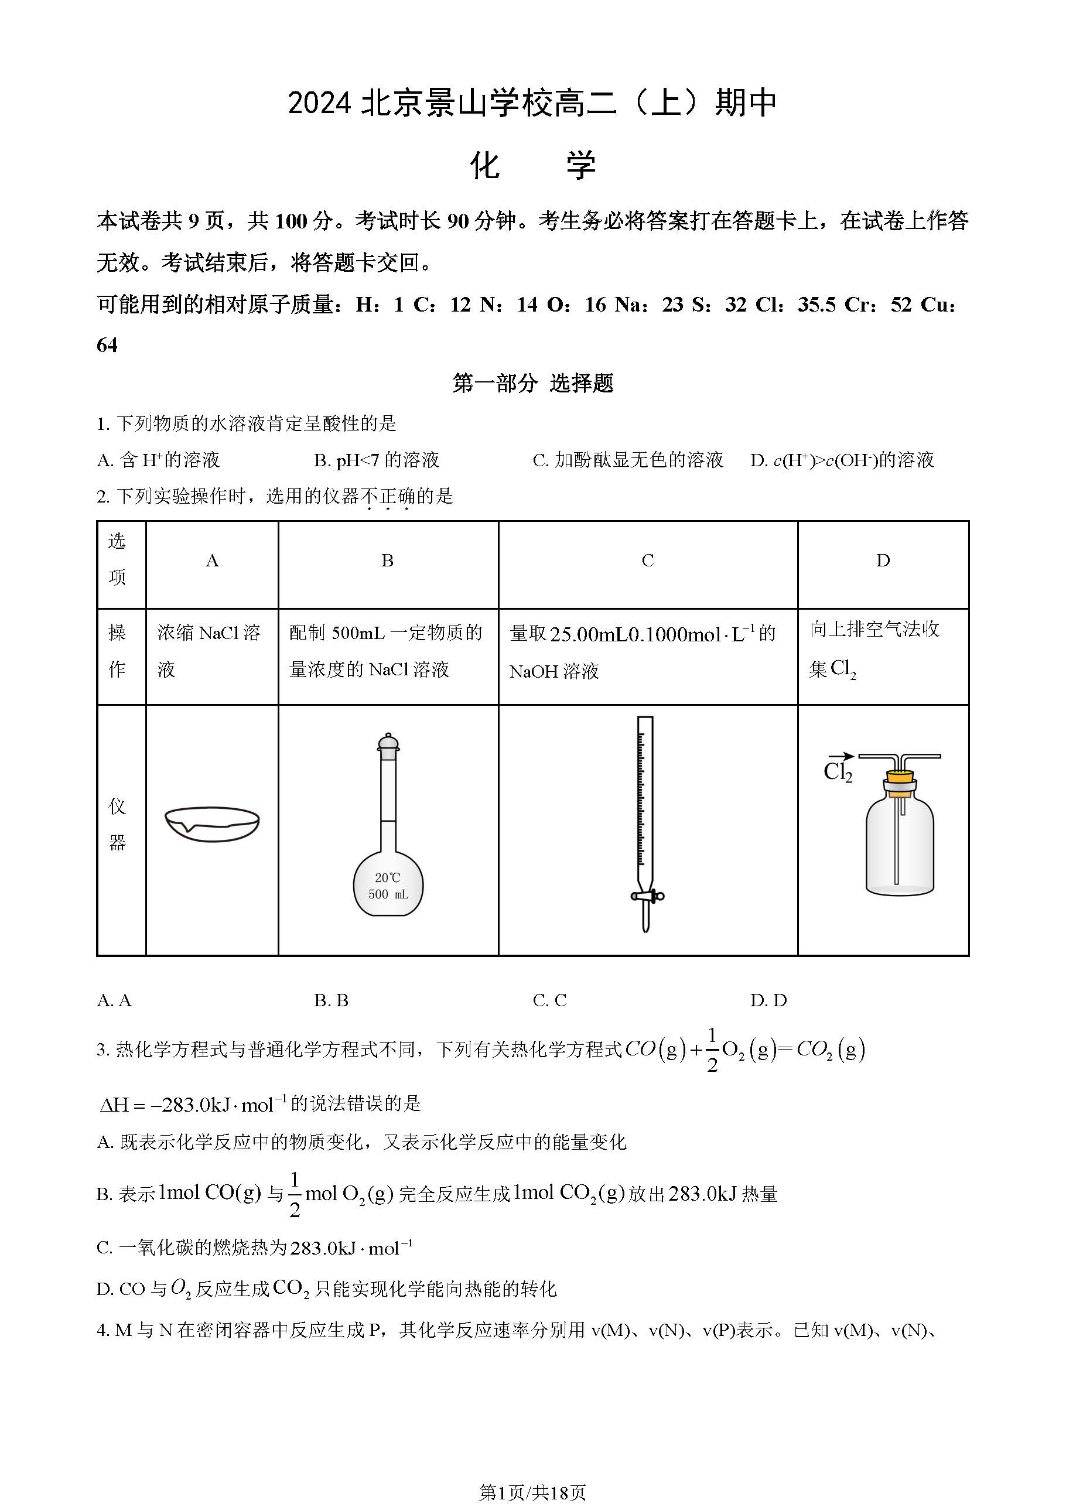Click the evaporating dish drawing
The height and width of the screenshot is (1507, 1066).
pyautogui.click(x=212, y=823)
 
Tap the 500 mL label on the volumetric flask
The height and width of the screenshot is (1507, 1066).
pyautogui.click(x=388, y=894)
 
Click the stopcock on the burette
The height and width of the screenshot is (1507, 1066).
pyautogui.click(x=647, y=896)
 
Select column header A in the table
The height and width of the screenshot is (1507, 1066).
pyautogui.click(x=212, y=561)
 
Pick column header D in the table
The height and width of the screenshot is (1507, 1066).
pyautogui.click(x=883, y=561)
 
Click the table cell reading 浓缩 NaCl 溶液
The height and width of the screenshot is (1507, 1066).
pyautogui.click(x=209, y=651)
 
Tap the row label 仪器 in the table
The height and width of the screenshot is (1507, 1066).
pyautogui.click(x=118, y=825)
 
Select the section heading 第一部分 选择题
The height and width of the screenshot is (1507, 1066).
pyautogui.click(x=532, y=383)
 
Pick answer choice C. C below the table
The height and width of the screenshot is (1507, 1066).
pyautogui.click(x=549, y=1000)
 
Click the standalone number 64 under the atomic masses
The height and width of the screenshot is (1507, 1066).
pyautogui.click(x=107, y=345)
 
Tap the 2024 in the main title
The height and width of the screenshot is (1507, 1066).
pyautogui.click(x=320, y=104)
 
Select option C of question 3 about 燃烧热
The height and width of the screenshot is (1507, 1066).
pyautogui.click(x=255, y=1248)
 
